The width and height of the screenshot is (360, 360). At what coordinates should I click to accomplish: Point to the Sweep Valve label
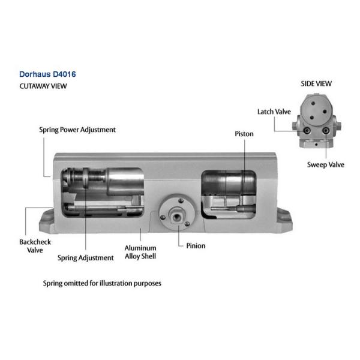pyautogui.click(x=325, y=164)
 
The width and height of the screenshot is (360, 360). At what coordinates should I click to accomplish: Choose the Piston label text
pyautogui.click(x=244, y=134)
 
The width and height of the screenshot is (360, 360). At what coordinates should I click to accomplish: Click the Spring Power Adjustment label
pyautogui.click(x=77, y=129)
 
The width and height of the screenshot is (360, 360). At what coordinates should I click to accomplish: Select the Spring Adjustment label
pyautogui.click(x=85, y=258)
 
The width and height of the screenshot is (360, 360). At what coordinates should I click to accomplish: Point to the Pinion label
pyautogui.click(x=195, y=246)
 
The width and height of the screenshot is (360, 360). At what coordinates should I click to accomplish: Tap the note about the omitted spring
pyautogui.click(x=102, y=283)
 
